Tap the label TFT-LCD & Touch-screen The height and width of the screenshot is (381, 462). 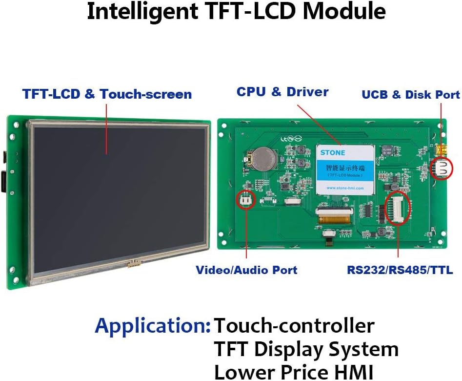pyautogui.click(x=107, y=94)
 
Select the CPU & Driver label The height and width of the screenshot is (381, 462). pyautogui.click(x=282, y=92)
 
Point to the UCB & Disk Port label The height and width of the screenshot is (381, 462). pyautogui.click(x=410, y=95)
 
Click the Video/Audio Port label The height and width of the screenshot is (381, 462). pyautogui.click(x=246, y=270)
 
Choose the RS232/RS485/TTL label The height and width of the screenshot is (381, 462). pyautogui.click(x=400, y=270)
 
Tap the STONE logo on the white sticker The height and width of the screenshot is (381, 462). pyautogui.click(x=333, y=152)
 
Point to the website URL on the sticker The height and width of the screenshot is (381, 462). pyautogui.click(x=345, y=188)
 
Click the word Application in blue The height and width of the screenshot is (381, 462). pyautogui.click(x=152, y=325)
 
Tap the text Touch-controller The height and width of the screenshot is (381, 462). pyautogui.click(x=295, y=325)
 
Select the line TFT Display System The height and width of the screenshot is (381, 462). pyautogui.click(x=306, y=349)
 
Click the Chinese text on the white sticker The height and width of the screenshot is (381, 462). pyautogui.click(x=345, y=168)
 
